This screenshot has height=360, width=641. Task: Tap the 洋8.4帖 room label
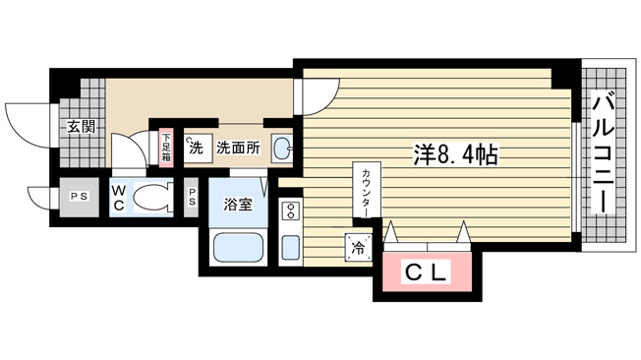[x=454, y=155]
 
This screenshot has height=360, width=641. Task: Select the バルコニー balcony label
[x=604, y=152]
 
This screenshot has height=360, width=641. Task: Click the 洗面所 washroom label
[x=238, y=149]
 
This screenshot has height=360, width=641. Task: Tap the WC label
[x=117, y=196]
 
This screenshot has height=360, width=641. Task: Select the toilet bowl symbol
[x=149, y=198]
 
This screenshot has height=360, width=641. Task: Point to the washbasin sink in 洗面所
[x=281, y=150]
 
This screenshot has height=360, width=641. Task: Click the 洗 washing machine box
[x=197, y=150]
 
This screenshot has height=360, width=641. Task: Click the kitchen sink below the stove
[x=291, y=246]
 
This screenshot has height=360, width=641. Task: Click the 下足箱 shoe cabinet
[x=167, y=148]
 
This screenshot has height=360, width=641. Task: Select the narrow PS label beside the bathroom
[x=193, y=197]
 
